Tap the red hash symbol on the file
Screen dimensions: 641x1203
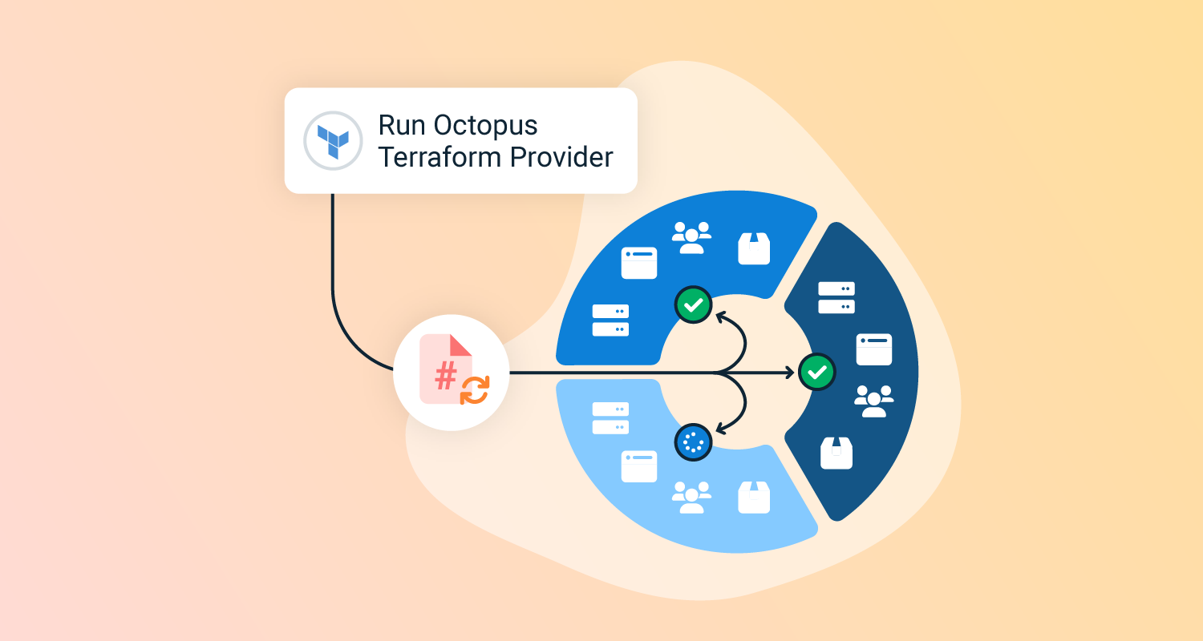[446, 374]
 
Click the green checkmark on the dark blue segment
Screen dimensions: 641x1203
[817, 372]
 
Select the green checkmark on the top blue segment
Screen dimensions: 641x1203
[693, 304]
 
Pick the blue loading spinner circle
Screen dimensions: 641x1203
[693, 441]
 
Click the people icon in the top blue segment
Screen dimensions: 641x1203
[691, 237]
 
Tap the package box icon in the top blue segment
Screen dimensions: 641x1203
[754, 248]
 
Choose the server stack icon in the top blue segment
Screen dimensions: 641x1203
[610, 320]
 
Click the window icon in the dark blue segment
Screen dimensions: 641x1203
[874, 349]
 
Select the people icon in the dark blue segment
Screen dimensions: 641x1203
[873, 401]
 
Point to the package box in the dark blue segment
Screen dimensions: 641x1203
[836, 453]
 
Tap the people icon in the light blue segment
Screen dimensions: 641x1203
[691, 497]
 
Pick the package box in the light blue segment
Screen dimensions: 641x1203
[754, 497]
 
